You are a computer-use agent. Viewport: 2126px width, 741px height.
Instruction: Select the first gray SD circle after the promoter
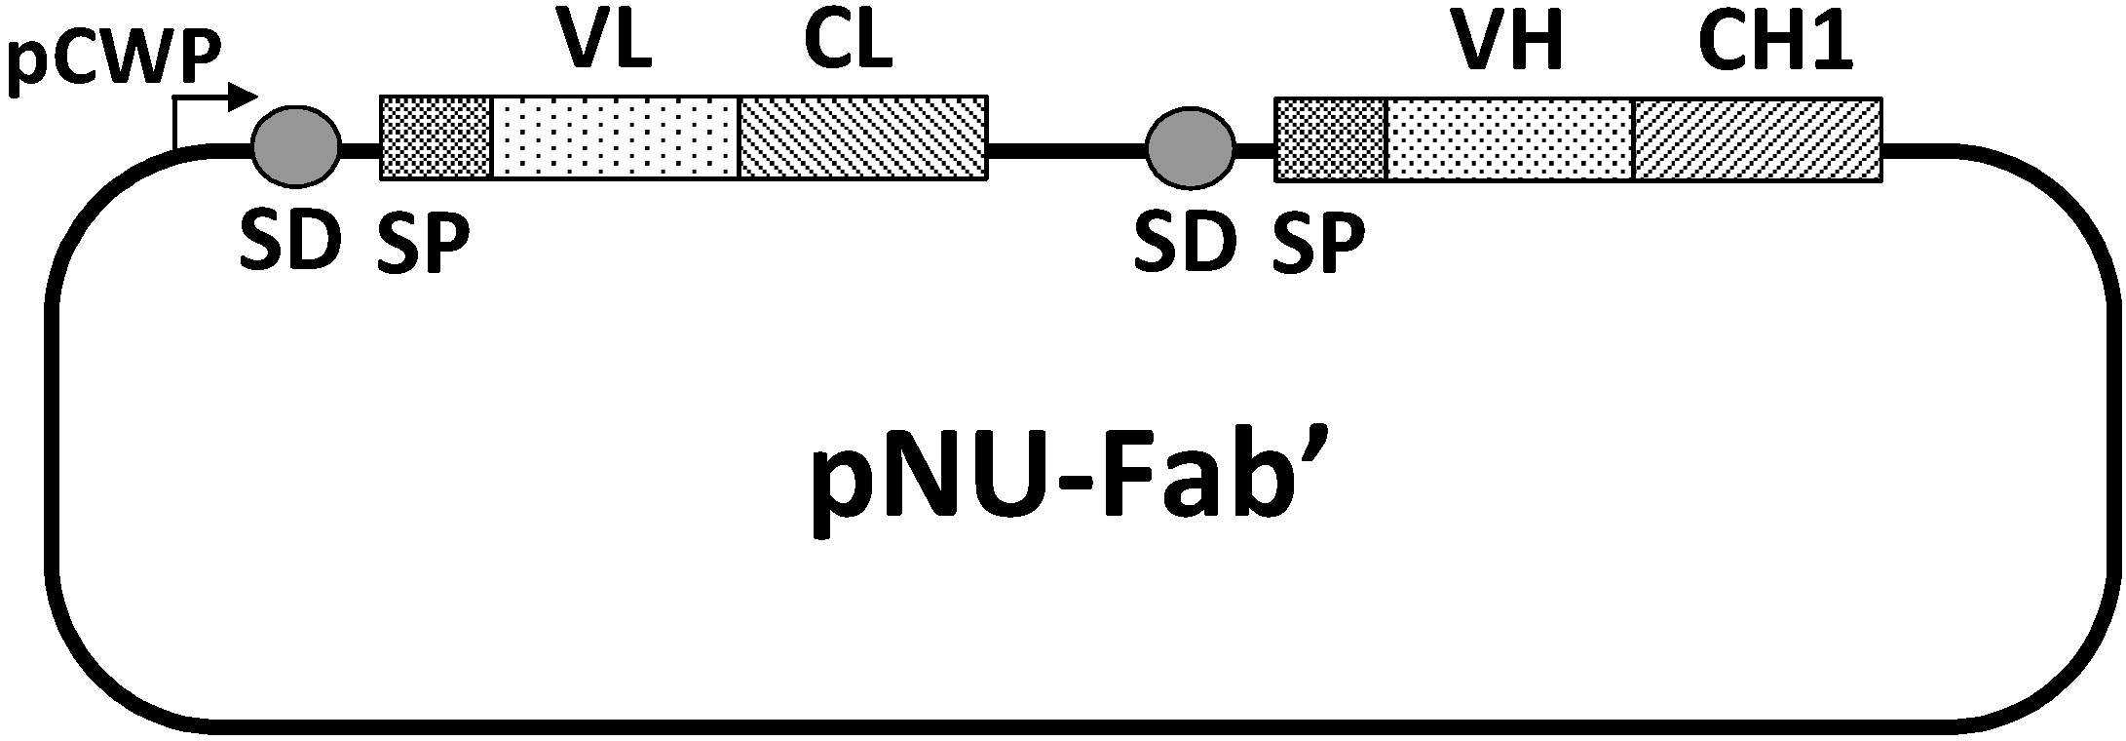coord(296,147)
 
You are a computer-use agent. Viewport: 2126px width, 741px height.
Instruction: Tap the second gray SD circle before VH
coord(1191,149)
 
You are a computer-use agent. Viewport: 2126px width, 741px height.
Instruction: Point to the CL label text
coord(848,43)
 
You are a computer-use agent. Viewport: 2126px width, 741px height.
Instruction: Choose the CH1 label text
coord(1775,45)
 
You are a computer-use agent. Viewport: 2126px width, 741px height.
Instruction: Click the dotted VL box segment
coord(616,137)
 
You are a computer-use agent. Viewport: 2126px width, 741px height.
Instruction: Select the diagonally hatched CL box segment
coord(863,137)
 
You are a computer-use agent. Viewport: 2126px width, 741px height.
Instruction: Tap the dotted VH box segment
coord(1508,139)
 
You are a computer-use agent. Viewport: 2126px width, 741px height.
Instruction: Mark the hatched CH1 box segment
coord(1757,139)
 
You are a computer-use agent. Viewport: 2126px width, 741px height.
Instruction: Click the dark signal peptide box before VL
coord(436,137)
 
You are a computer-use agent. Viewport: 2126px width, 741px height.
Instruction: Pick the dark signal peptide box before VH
coord(1330,139)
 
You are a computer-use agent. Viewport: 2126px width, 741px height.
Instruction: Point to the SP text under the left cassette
coord(423,243)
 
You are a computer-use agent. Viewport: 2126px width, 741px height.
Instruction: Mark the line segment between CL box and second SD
coord(1067,149)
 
